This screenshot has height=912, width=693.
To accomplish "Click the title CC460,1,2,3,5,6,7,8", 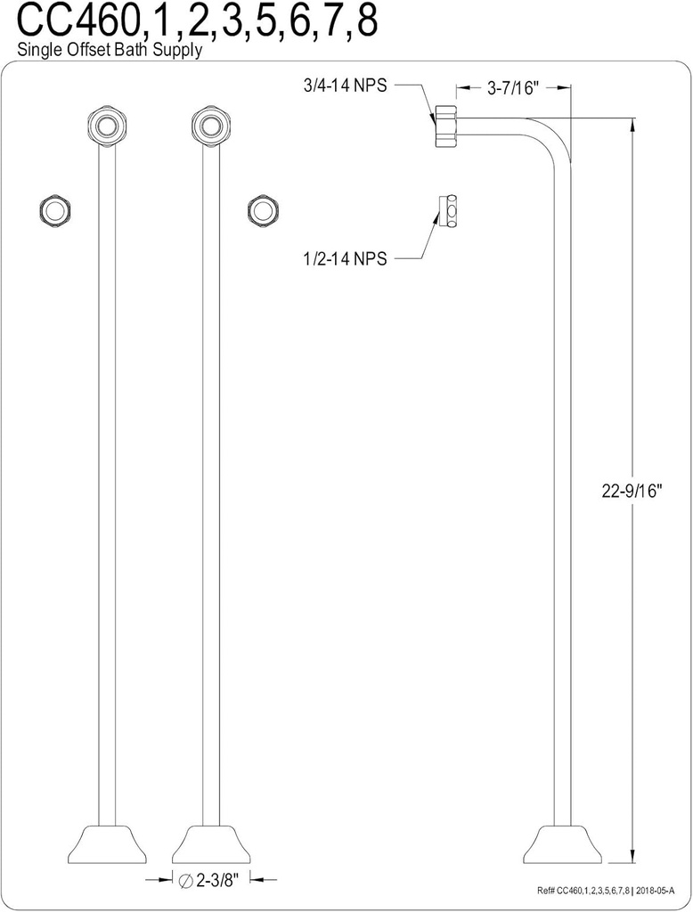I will click(188, 21).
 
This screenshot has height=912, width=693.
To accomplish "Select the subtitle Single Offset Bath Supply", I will click(110, 51).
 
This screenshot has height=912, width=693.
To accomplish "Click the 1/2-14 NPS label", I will click(345, 258).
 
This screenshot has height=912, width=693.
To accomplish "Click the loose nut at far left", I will click(55, 209).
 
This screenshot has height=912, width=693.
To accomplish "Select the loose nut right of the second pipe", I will click(263, 209).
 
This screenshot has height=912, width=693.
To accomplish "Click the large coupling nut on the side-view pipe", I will click(444, 126).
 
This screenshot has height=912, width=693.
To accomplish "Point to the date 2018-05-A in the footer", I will click(655, 891).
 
